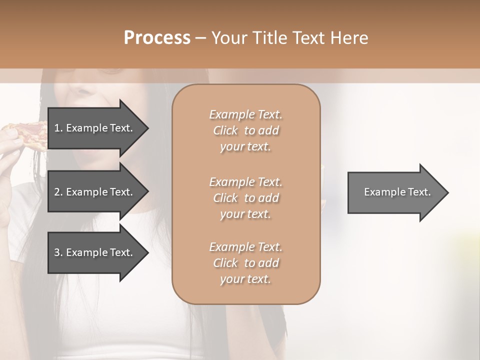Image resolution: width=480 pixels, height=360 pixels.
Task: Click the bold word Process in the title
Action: coord(157,38)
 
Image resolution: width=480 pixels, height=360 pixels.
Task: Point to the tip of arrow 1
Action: coord(147,128)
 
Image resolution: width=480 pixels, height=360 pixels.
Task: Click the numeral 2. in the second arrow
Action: coord(58,192)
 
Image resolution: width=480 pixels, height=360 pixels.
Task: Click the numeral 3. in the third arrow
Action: coord(58,252)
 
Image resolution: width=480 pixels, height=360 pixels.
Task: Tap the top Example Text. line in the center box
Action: coord(245,114)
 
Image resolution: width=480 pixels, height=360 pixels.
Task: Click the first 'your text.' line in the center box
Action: coord(245,147)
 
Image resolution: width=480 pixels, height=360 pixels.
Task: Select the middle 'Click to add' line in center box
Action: coord(245,198)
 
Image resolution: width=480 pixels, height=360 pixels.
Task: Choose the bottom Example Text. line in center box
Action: coord(245,247)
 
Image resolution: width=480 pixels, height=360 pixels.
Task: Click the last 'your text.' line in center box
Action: coord(245,279)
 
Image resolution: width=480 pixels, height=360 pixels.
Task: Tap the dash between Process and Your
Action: coord(200,38)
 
